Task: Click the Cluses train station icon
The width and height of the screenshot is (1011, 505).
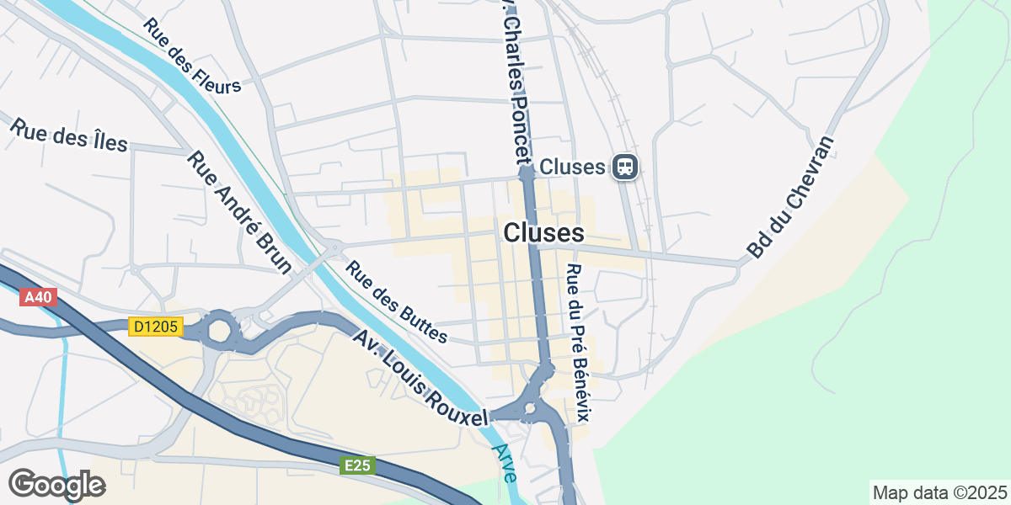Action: point(625,167)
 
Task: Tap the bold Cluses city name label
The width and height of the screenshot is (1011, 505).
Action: point(543,233)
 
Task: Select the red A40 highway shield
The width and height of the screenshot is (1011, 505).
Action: point(38,297)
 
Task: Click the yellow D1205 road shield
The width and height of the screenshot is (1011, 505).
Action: point(156,327)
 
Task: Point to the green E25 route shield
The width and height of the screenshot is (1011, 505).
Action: point(358,465)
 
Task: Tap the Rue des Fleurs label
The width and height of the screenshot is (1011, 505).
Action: point(192,56)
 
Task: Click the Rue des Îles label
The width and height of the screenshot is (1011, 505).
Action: point(68,135)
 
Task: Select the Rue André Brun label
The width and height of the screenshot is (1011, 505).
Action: point(239,213)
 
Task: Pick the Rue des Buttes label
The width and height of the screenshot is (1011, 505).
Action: point(397,304)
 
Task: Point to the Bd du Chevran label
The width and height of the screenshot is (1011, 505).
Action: point(791,197)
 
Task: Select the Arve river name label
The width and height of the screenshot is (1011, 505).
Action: point(506,463)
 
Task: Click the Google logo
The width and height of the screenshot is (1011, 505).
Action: point(56,485)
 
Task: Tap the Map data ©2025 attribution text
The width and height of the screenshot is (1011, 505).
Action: point(939,492)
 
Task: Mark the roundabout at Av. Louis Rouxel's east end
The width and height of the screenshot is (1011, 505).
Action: point(530,410)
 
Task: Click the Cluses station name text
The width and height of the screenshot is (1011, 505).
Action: point(572,167)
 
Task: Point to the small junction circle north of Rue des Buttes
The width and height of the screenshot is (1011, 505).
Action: point(335,247)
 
